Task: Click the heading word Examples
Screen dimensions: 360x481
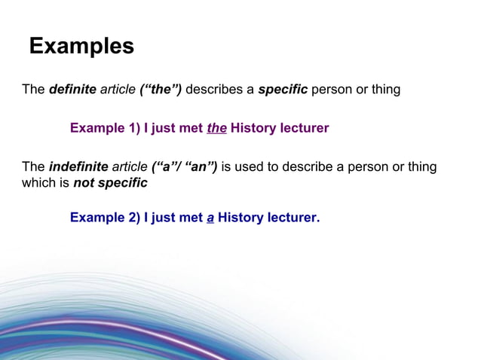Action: [x=81, y=47]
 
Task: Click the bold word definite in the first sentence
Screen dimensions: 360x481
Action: [x=72, y=90]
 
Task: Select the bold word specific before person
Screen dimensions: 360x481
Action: [x=283, y=90]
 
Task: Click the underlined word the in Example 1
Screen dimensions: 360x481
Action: [x=216, y=128]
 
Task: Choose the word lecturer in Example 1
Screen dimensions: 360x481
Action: [x=305, y=128]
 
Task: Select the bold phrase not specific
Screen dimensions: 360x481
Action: [x=109, y=182]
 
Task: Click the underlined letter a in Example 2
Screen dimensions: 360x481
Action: [x=210, y=218]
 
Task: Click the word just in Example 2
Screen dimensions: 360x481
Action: [x=164, y=218]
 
